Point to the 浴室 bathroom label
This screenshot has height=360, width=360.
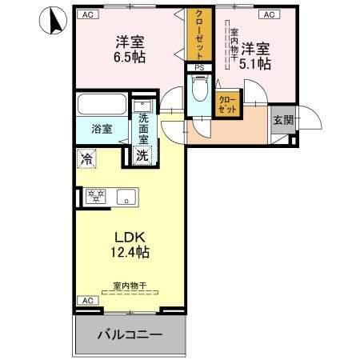tap(101, 128)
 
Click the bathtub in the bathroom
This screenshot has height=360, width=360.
tap(102, 106)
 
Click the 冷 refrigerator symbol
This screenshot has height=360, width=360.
tap(86, 159)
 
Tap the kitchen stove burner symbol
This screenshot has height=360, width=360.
tap(96, 197)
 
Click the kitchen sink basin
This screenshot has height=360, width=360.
tap(126, 197)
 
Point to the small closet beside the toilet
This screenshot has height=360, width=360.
tap(226, 102)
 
